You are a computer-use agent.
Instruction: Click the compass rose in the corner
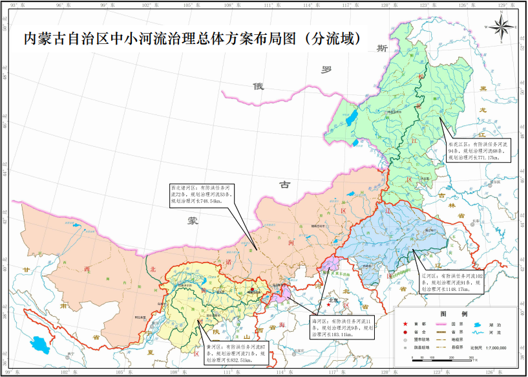tap(502, 28)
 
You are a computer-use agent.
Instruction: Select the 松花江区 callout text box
tap(478, 150)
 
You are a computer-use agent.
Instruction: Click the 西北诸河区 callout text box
tap(200, 194)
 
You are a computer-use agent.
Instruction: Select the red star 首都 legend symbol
tap(405, 324)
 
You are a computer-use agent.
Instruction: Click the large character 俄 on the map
tap(259, 86)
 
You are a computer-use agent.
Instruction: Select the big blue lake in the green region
tap(352, 119)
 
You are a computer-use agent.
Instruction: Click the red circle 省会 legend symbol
tap(405, 332)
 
